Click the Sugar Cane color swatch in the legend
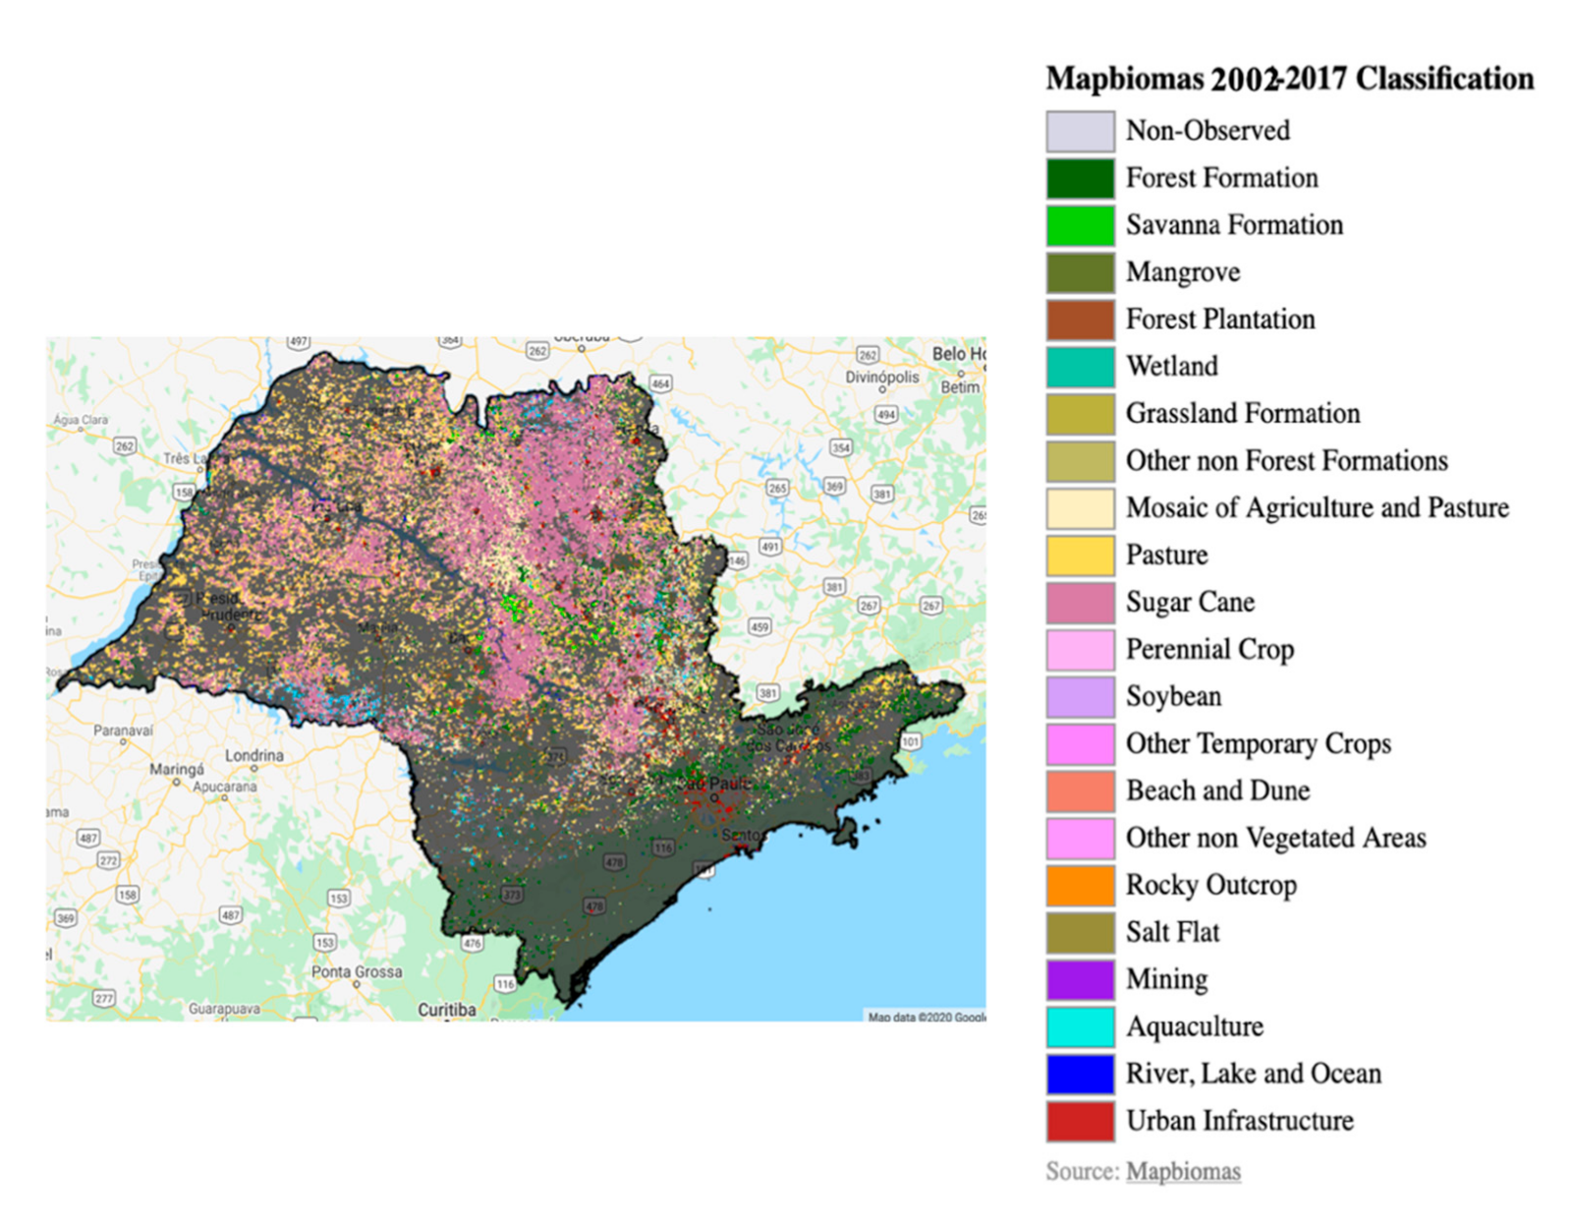[x=1080, y=603]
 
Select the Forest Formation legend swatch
[x=1080, y=179]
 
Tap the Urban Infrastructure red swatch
[x=1080, y=1122]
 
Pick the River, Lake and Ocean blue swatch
[x=1080, y=1075]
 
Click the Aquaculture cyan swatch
[x=1080, y=1027]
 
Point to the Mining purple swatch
[x=1080, y=980]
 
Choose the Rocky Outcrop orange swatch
[x=1080, y=886]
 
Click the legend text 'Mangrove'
[x=1182, y=272]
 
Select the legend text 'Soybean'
[x=1173, y=697]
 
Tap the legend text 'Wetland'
[x=1171, y=367]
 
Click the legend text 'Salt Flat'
[x=1172, y=932]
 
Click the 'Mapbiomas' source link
[x=1183, y=1172]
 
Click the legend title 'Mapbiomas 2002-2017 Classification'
[x=1289, y=79]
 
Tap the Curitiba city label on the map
[x=446, y=1010]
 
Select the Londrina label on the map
[x=254, y=755]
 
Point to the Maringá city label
[x=177, y=769]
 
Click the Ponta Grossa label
[x=357, y=971]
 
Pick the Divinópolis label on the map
[x=882, y=378]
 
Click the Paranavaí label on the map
[x=123, y=731]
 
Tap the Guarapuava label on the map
[x=224, y=1009]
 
